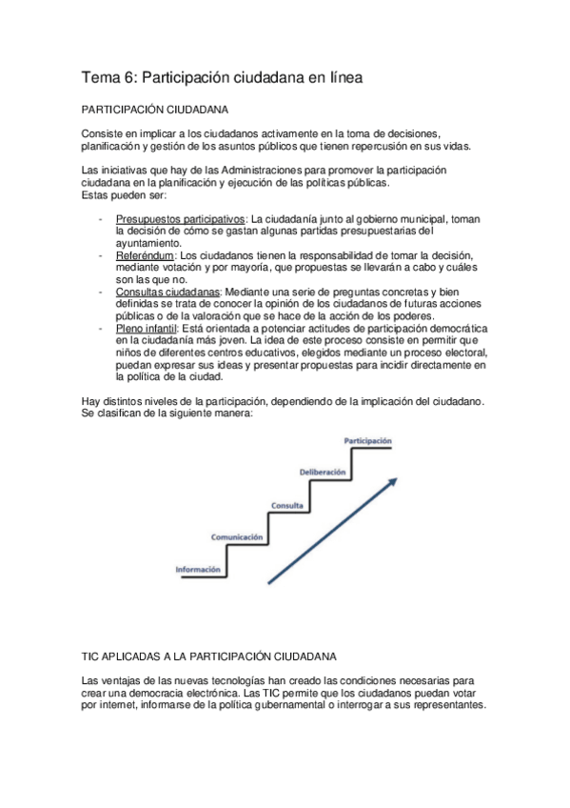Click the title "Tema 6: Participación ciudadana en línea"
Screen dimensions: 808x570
coord(222,77)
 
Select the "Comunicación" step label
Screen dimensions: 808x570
coord(236,512)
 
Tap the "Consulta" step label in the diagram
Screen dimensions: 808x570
coord(287,477)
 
